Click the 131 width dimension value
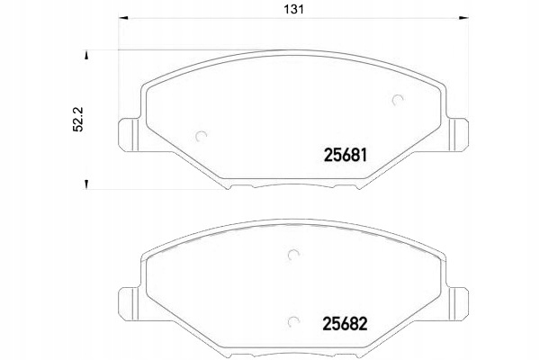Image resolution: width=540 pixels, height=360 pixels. click(x=293, y=9)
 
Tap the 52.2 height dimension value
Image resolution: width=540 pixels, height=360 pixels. click(x=77, y=119)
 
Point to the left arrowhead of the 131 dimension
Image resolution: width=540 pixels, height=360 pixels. click(x=123, y=18)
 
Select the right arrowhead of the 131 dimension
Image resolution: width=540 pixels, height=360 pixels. click(x=463, y=18)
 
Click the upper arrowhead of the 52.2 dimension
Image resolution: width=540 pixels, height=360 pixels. click(x=86, y=56)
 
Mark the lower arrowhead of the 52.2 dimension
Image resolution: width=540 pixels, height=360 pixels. click(x=86, y=184)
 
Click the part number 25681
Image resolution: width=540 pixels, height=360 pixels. click(x=346, y=156)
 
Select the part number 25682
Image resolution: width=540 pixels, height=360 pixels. click(x=345, y=324)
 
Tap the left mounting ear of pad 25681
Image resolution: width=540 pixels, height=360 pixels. click(x=129, y=134)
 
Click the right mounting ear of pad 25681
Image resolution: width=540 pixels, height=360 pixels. click(x=458, y=134)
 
